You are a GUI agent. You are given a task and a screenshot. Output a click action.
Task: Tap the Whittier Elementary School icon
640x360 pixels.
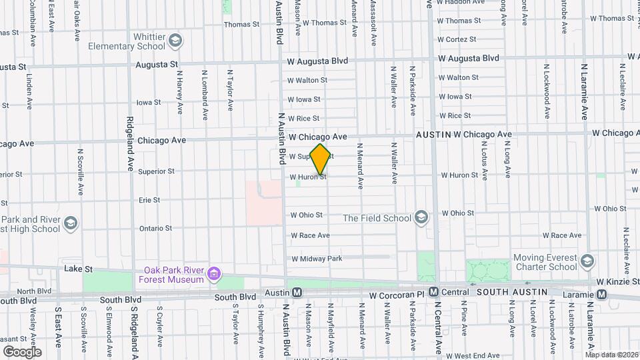coord(175,41)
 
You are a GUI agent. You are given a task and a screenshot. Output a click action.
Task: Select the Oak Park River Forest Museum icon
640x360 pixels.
coord(214,273)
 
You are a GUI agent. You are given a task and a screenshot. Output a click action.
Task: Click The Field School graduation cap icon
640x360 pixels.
coord(421,217)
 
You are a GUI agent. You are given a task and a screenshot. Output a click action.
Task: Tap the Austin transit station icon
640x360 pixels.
coord(297,293)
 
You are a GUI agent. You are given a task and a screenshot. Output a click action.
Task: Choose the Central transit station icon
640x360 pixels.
coord(433,293)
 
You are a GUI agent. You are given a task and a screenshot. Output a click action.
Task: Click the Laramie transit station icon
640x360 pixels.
coord(602,294)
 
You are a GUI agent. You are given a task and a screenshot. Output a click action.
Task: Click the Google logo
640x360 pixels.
coord(22,351)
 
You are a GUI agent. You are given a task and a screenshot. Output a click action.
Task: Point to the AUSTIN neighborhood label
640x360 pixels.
coord(433,135)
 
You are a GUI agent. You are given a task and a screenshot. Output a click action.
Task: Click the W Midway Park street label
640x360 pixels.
coord(317,259)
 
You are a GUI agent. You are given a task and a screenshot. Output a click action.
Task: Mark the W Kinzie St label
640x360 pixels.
coord(617,283)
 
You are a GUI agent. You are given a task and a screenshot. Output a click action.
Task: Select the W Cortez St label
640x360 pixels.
coord(457,39)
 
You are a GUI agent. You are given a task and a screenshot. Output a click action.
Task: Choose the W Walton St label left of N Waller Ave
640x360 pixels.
coord(307,80)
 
